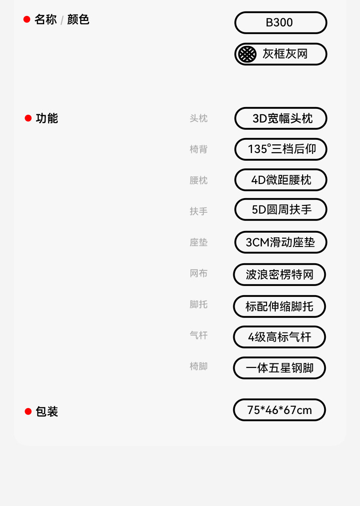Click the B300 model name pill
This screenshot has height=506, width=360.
[x=281, y=23]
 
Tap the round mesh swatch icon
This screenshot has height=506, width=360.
[x=247, y=54]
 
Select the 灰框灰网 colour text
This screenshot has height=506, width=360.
[x=285, y=54]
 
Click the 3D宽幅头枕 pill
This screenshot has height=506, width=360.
[x=281, y=118]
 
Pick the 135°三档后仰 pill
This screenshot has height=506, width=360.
[x=281, y=149]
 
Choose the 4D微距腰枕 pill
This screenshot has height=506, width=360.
[x=281, y=180]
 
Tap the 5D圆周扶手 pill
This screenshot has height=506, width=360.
[x=281, y=210]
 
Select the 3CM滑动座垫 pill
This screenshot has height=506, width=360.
[x=281, y=242]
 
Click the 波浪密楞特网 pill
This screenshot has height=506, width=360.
[x=279, y=275]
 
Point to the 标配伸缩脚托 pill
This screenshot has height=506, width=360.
[x=279, y=307]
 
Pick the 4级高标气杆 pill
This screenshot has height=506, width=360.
[x=279, y=337]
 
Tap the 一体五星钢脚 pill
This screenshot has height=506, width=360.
[x=279, y=368]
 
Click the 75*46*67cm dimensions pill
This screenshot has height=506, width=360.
[x=279, y=410]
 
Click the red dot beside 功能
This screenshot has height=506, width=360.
[x=28, y=118]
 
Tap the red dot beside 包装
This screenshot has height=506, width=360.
[x=28, y=412]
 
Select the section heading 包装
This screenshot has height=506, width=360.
[x=47, y=412]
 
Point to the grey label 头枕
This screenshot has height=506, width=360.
[x=199, y=118]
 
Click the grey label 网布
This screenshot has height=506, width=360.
[x=199, y=273]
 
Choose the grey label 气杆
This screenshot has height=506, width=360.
[x=199, y=335]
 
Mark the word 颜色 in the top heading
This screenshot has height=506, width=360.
[x=78, y=20]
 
